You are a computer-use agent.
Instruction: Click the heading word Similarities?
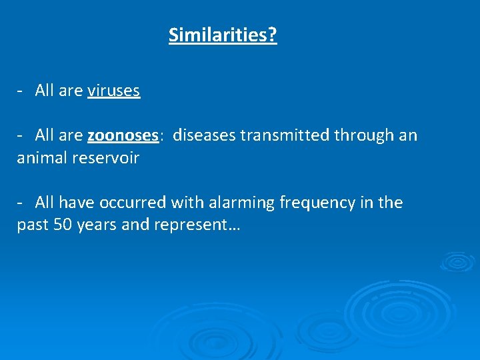(223, 35)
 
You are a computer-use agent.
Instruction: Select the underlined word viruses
(113, 91)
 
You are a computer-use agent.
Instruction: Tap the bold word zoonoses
(123, 136)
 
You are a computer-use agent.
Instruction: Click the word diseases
(204, 136)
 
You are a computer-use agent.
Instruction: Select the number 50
(63, 225)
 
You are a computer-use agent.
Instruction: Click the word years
(97, 225)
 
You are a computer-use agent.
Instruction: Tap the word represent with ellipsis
(197, 225)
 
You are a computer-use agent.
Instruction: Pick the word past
(32, 225)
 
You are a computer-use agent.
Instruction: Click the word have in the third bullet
(78, 203)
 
